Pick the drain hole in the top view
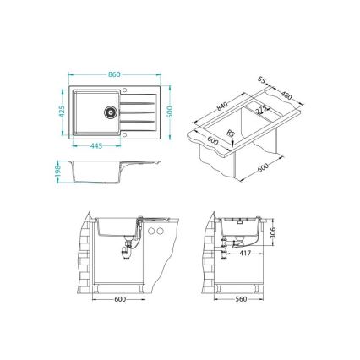[x=109, y=111]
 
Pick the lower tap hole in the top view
[x=124, y=131]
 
